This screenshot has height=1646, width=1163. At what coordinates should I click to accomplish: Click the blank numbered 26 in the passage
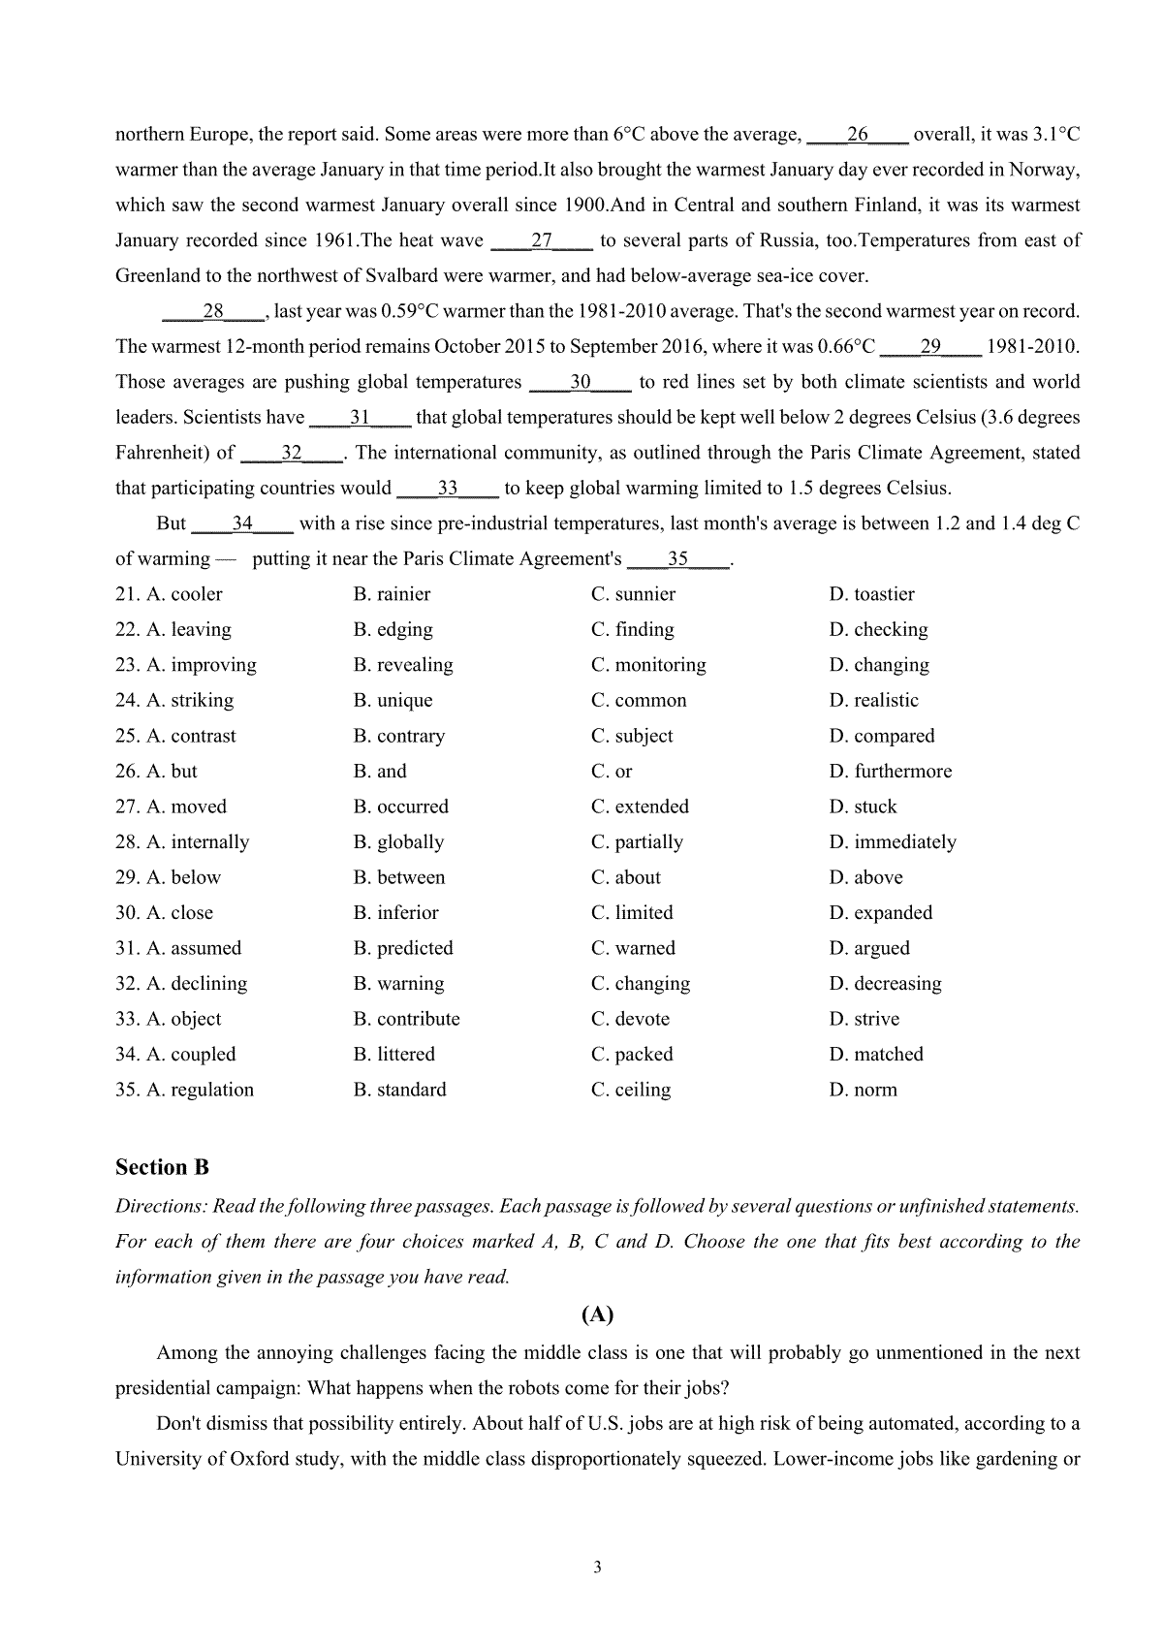tap(857, 135)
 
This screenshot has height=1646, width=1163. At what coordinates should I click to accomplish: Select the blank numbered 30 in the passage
tap(581, 382)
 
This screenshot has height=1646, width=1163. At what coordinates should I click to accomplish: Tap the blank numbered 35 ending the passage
tap(678, 559)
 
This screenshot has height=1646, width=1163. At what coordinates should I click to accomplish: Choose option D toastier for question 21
tap(871, 594)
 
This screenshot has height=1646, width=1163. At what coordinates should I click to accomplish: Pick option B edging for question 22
tap(393, 630)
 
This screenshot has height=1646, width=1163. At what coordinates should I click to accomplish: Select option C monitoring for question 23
tap(648, 665)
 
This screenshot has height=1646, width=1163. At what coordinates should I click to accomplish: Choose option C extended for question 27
tap(640, 807)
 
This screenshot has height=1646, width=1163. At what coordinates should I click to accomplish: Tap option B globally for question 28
tap(398, 842)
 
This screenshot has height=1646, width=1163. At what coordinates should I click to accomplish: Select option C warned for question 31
tap(633, 948)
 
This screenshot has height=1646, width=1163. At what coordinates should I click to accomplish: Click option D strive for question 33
tap(864, 1019)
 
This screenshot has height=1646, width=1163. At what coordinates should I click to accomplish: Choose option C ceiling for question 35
tap(631, 1090)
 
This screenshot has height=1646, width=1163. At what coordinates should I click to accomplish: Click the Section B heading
tap(162, 1167)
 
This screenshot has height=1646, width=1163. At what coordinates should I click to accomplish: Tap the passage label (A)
tap(597, 1314)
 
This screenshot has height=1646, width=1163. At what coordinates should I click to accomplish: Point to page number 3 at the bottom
tap(597, 1567)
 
